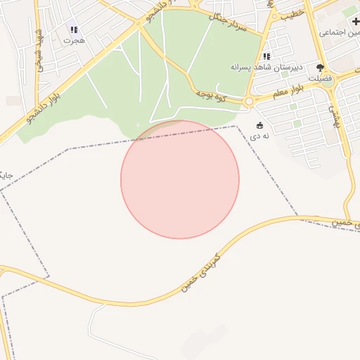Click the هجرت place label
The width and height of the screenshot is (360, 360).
[73, 41]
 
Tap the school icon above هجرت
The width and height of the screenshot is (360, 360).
[74, 30]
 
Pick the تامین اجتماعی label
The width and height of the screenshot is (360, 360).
[340, 32]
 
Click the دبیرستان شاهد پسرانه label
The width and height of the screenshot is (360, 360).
[266, 67]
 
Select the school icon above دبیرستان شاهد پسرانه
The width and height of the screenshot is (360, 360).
[266, 56]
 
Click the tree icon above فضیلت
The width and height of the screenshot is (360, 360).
[321, 69]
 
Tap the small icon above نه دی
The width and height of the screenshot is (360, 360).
[259, 125]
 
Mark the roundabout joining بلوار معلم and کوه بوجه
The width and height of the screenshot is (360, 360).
[248, 102]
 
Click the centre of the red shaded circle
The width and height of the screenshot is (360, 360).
[180, 179]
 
